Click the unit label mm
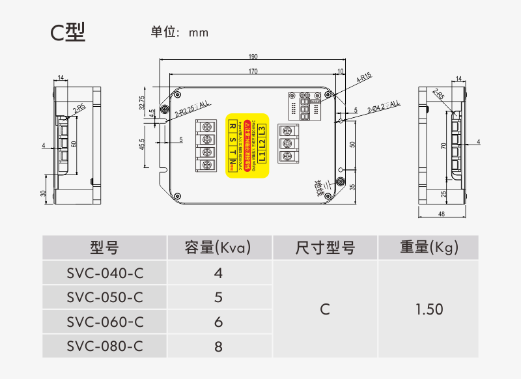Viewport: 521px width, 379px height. (x=199, y=33)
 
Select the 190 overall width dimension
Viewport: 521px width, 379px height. (x=253, y=57)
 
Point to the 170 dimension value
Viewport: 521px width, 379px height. (x=253, y=71)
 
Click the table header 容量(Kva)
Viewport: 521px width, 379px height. (x=218, y=248)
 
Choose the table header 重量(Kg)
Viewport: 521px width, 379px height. (x=429, y=248)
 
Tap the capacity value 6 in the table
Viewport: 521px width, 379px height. (x=218, y=322)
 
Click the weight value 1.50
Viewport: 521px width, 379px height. (x=429, y=309)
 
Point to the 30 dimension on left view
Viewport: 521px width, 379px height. (x=43, y=193)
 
